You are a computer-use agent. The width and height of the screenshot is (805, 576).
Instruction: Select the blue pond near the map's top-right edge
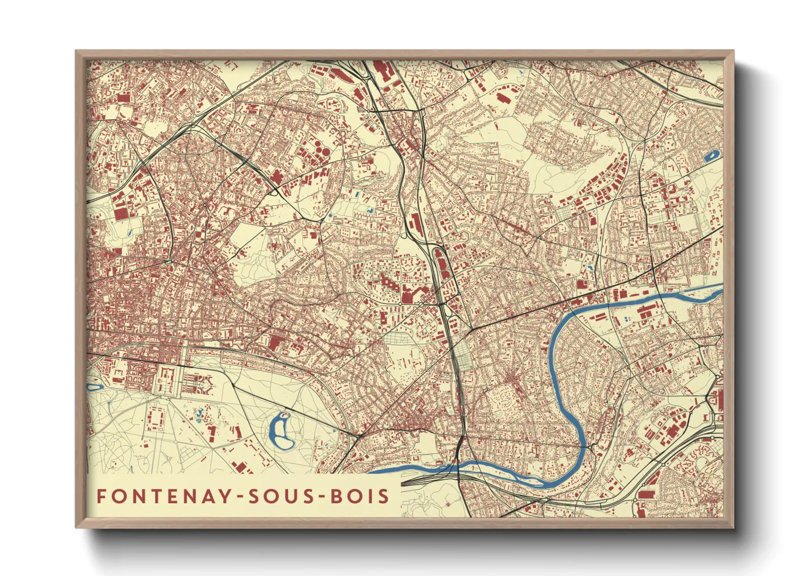[x=711, y=156]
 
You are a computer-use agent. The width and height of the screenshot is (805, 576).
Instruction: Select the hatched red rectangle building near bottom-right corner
[x=646, y=494]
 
